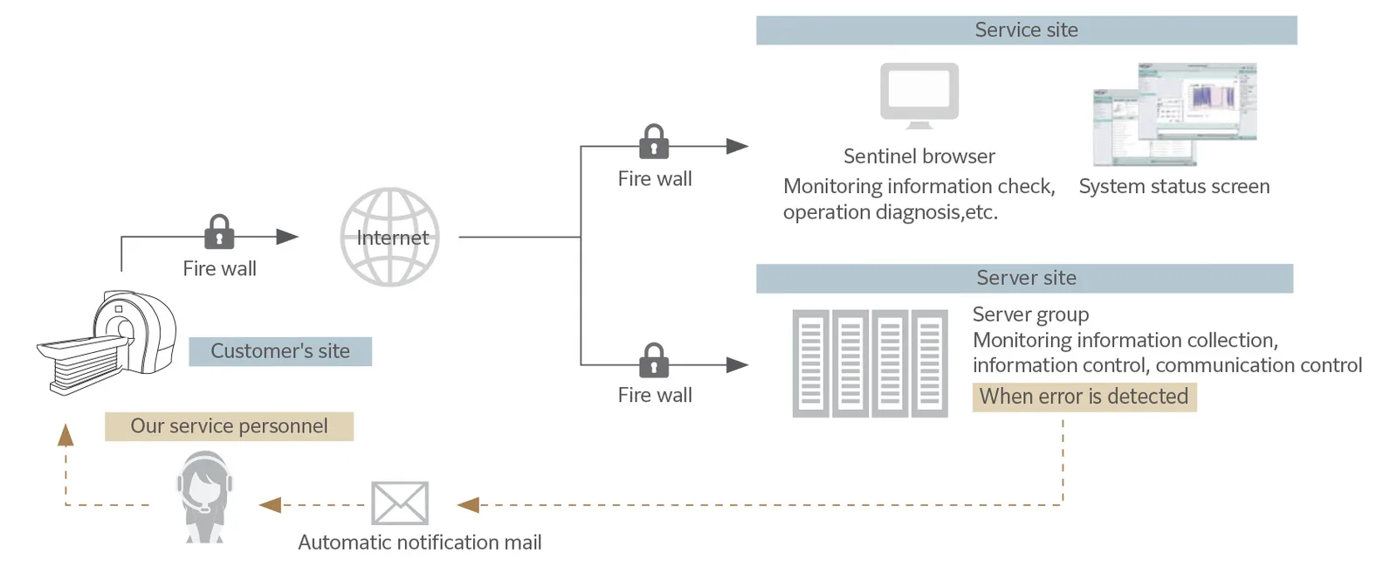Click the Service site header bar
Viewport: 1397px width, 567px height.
click(1027, 30)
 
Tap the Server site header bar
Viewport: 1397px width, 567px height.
click(1025, 278)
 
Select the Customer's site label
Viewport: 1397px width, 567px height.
click(280, 351)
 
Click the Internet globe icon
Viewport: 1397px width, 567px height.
click(389, 237)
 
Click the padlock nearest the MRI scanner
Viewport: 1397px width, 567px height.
click(219, 232)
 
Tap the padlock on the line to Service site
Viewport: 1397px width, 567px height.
click(654, 142)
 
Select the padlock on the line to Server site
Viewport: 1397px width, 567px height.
click(654, 360)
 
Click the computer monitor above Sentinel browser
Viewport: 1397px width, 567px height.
click(919, 95)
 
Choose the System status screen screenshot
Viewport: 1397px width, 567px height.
click(1175, 114)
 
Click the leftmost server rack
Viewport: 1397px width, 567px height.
click(811, 363)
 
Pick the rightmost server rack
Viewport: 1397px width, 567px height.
click(929, 363)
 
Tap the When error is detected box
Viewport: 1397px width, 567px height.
click(1084, 397)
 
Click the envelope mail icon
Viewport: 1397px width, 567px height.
click(400, 503)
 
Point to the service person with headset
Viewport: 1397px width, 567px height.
click(204, 497)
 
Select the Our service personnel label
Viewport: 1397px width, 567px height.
click(229, 426)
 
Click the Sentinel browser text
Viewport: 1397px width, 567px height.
click(919, 156)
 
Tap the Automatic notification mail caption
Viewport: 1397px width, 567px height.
click(420, 543)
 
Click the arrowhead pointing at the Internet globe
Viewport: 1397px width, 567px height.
click(287, 237)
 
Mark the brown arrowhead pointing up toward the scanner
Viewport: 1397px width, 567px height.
click(65, 435)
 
